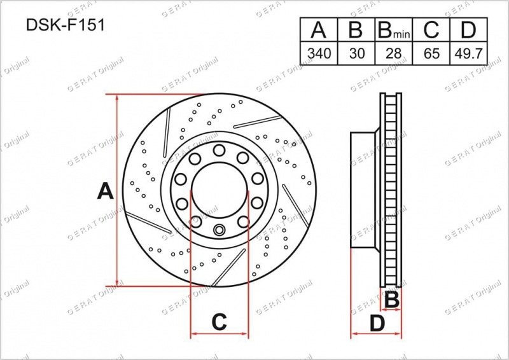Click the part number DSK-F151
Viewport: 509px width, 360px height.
(66, 25)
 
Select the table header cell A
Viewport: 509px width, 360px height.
(319, 29)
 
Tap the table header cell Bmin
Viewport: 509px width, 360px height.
(394, 29)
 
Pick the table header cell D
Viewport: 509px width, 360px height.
(468, 29)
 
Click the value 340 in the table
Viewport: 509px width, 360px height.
(319, 53)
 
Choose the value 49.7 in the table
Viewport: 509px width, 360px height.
(468, 53)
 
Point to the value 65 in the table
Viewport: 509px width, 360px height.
(431, 53)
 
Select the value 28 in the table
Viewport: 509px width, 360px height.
(393, 53)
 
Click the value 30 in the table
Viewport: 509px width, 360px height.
(356, 53)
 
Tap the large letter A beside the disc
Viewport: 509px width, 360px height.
(105, 191)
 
